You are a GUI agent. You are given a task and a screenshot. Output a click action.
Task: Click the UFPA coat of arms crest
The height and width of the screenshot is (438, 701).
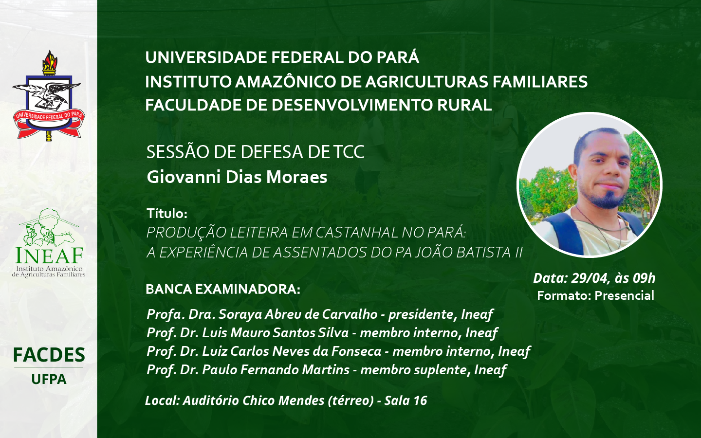point(49,95)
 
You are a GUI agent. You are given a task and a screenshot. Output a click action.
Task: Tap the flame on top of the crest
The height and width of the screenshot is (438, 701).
point(50,60)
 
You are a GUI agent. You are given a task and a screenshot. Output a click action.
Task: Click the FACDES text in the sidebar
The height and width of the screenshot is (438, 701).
point(49,355)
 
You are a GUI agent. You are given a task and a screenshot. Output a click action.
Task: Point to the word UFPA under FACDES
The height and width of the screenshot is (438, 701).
point(49,379)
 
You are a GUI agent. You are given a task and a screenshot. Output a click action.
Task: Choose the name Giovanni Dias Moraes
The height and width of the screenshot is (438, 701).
point(237,177)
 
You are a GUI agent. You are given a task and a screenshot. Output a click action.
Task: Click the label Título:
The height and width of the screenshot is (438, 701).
point(167,213)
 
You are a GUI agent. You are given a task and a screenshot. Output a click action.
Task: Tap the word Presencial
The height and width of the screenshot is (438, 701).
point(624,296)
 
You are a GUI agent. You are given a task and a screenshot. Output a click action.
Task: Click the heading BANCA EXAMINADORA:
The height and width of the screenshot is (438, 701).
point(223,290)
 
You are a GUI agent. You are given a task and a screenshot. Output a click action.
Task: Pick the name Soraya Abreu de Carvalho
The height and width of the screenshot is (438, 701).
point(298,314)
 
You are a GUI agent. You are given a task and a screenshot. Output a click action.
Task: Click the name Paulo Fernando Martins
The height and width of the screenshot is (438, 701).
point(276,370)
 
